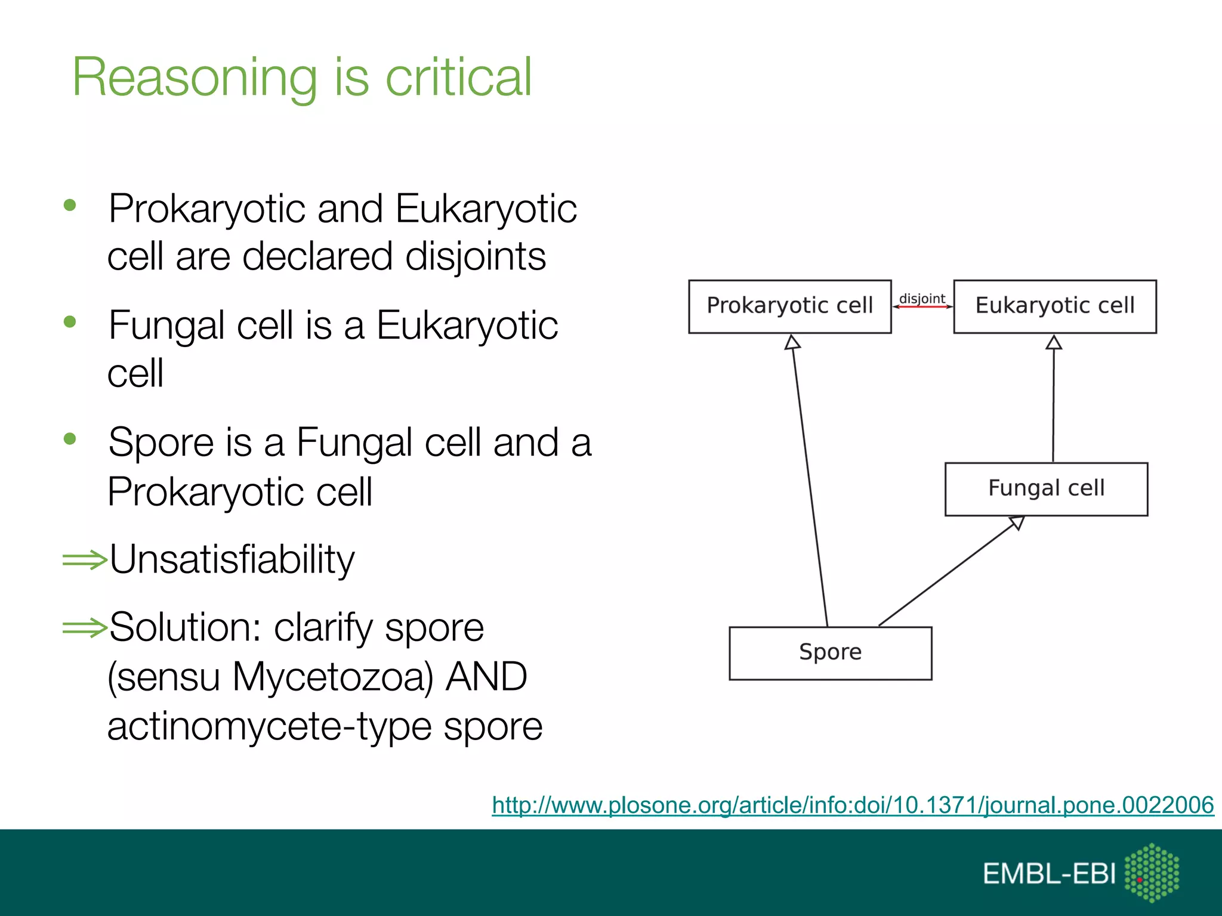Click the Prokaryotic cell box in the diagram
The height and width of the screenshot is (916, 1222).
[789, 306]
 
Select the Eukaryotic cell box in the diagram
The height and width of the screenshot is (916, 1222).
[1054, 306]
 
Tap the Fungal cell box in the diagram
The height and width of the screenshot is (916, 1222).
[1046, 488]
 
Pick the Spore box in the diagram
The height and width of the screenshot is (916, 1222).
[830, 652]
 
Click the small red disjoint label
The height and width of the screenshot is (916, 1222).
[922, 299]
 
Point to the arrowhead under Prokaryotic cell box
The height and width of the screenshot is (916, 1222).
[792, 342]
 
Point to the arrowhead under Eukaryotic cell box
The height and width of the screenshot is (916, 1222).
[1054, 342]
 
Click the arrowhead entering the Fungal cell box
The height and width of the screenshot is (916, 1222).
[1017, 523]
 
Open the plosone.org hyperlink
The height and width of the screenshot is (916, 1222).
[853, 805]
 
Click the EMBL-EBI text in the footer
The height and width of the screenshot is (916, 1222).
[1048, 874]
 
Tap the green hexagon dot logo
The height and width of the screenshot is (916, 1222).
[1152, 872]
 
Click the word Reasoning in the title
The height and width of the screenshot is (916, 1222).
[195, 78]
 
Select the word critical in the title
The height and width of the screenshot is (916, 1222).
[458, 78]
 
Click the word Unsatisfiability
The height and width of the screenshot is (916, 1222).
[232, 559]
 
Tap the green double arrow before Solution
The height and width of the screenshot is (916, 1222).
[84, 627]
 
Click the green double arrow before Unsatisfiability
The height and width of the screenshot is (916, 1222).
[84, 559]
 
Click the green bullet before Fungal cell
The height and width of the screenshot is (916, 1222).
[70, 322]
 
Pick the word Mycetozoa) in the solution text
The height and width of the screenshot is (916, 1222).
[332, 677]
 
